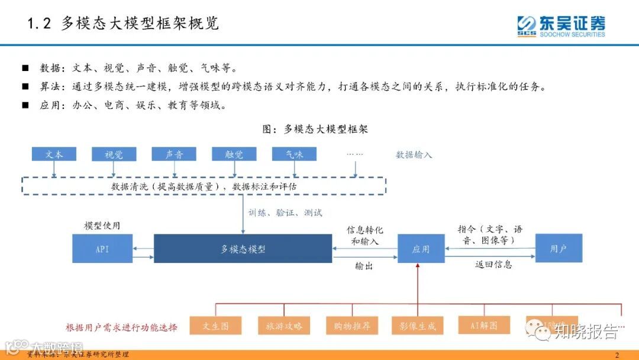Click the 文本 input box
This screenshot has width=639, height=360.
(x=54, y=154)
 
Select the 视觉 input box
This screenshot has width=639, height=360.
(x=114, y=155)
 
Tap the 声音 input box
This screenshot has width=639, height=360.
(x=174, y=154)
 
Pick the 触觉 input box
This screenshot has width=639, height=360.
(x=234, y=154)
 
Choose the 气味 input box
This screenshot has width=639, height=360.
(x=294, y=154)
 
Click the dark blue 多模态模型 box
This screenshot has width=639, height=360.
(x=243, y=249)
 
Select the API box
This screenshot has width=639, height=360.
(x=102, y=249)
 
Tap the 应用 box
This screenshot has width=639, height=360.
(x=421, y=249)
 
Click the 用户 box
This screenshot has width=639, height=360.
(x=559, y=249)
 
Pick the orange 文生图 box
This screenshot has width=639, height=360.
(x=216, y=326)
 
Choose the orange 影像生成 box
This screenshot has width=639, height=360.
(x=418, y=326)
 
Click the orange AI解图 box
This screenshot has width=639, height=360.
(x=485, y=325)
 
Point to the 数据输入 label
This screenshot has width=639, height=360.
(x=414, y=155)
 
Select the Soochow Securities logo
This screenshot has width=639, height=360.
(x=561, y=26)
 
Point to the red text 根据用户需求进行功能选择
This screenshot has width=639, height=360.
(x=121, y=327)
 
